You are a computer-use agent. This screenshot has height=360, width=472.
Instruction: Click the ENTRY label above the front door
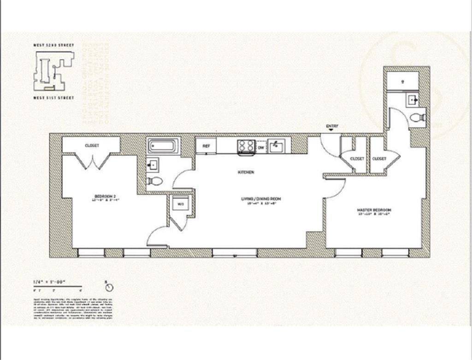point(331,126)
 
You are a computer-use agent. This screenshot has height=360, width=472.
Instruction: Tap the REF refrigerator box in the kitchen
point(206,146)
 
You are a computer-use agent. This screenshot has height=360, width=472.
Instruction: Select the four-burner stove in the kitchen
point(246,146)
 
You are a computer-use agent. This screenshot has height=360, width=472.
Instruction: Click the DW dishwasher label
point(261,148)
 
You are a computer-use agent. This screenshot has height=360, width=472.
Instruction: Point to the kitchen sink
point(277,146)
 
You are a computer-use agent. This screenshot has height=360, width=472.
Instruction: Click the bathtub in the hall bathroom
point(162,147)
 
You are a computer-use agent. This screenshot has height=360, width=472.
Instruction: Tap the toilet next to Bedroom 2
point(155,181)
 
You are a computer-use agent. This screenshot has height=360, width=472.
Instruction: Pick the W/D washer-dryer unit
point(180,203)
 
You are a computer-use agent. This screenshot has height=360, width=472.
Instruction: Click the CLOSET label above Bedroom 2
point(92,146)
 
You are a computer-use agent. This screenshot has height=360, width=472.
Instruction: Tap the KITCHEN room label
point(246,172)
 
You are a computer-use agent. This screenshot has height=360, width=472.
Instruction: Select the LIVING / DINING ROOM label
point(261,199)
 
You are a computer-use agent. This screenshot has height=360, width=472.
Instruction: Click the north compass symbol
point(109,287)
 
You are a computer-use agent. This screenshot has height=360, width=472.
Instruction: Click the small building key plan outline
point(53,71)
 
